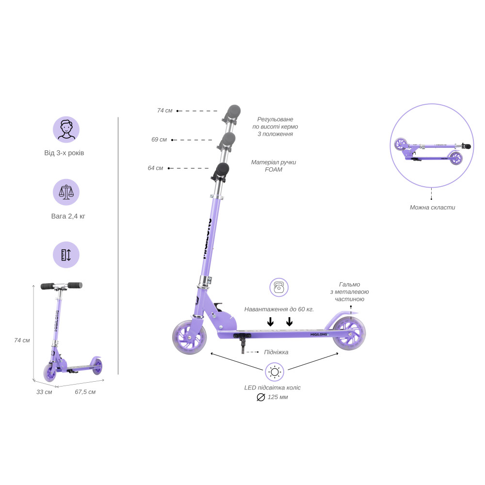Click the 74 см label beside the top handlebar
point(164,111)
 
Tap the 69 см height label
point(159,140)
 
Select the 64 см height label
point(155,168)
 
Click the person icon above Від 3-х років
point(66,129)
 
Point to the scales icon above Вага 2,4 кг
point(66,192)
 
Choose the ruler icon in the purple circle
point(66,255)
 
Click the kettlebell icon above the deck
point(279,287)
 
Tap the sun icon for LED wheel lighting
point(275,372)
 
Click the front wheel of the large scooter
point(189,337)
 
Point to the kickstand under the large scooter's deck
point(243,343)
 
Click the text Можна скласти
point(433,208)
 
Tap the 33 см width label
point(44,392)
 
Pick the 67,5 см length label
point(85,392)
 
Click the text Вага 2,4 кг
point(68,216)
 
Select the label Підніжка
point(276,352)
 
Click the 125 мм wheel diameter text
point(278,397)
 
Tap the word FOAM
point(274,169)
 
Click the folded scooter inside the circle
point(433,151)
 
